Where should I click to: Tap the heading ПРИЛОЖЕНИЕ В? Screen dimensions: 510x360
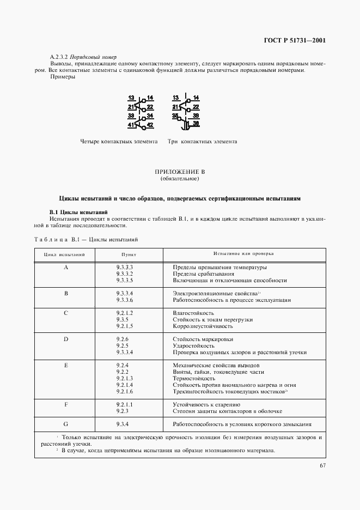(180, 172)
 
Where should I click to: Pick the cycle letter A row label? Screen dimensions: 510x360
(66, 268)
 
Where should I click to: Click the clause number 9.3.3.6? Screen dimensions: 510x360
(125, 300)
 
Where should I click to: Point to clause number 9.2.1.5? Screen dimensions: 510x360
(125, 326)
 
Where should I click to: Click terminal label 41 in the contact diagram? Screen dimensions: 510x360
(131, 125)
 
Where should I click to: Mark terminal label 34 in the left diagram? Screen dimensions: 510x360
(150, 116)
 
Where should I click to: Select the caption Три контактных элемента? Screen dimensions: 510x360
(202, 142)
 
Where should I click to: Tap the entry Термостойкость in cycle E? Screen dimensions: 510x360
(193, 378)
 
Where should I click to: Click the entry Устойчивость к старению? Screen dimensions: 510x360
(206, 405)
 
